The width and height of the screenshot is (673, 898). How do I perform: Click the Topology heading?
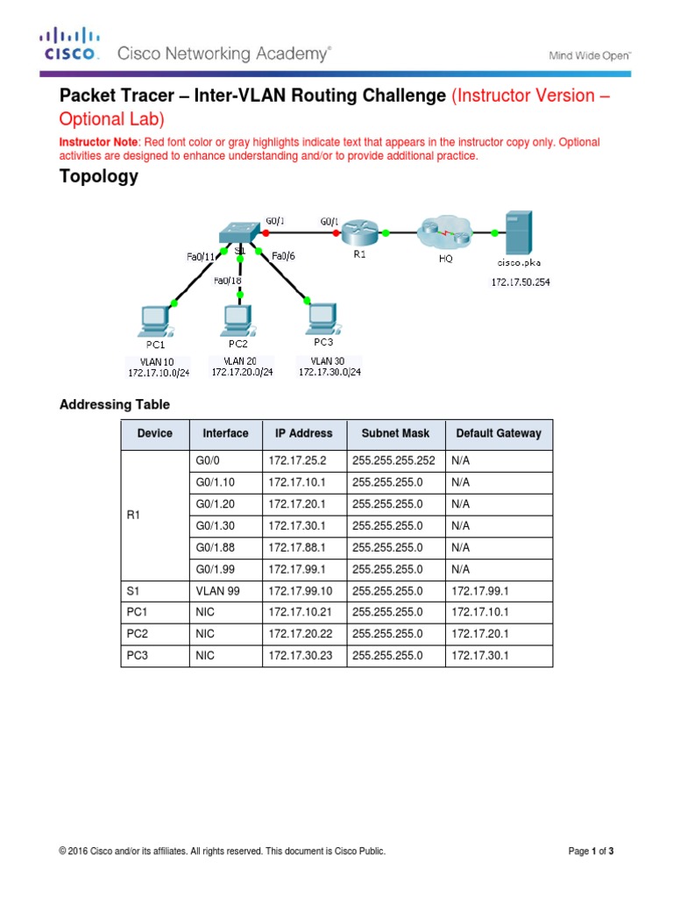tap(98, 176)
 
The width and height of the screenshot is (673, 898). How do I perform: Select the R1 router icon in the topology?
tap(358, 232)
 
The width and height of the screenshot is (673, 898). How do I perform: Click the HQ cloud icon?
tap(445, 232)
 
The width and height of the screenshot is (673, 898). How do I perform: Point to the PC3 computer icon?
tap(322, 318)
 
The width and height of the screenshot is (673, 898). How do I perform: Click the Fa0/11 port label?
tap(201, 256)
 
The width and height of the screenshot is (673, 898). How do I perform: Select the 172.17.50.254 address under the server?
tap(521, 282)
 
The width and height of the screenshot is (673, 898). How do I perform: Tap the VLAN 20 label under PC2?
tap(238, 360)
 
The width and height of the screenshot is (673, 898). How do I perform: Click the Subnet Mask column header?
tap(395, 433)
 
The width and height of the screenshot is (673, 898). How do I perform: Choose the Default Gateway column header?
tap(498, 433)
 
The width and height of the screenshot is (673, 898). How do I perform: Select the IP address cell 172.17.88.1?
tap(294, 548)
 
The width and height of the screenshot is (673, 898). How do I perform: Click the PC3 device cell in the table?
tap(137, 655)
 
